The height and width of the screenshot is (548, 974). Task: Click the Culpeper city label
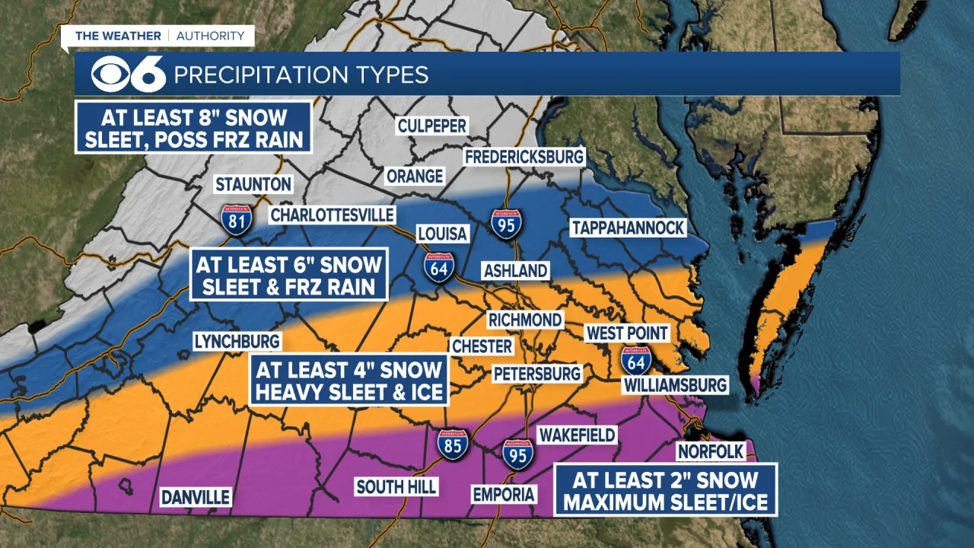[x=431, y=126]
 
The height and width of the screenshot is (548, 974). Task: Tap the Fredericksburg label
[x=524, y=157]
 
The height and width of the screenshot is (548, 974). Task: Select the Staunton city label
[x=253, y=184]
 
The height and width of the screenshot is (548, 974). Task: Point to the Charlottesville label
[x=332, y=215]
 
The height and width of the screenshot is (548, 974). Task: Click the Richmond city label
[x=525, y=320]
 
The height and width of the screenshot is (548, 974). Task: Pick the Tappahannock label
[x=628, y=228]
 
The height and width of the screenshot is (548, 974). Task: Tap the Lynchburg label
[x=237, y=341]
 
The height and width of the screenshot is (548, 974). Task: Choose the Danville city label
[x=195, y=497]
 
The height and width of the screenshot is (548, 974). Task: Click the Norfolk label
[x=710, y=451]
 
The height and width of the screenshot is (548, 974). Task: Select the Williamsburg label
[x=675, y=385]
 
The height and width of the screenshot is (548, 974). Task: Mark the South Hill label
[x=396, y=486]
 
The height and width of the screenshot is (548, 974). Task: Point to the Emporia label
[x=503, y=494]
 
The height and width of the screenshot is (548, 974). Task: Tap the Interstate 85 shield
[x=453, y=444]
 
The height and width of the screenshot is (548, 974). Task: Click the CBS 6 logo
[x=128, y=74]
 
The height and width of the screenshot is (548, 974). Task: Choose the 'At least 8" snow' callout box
[x=194, y=128]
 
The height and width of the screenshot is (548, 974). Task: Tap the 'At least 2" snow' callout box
[x=665, y=491]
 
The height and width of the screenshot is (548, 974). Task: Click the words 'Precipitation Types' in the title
[x=301, y=75]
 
